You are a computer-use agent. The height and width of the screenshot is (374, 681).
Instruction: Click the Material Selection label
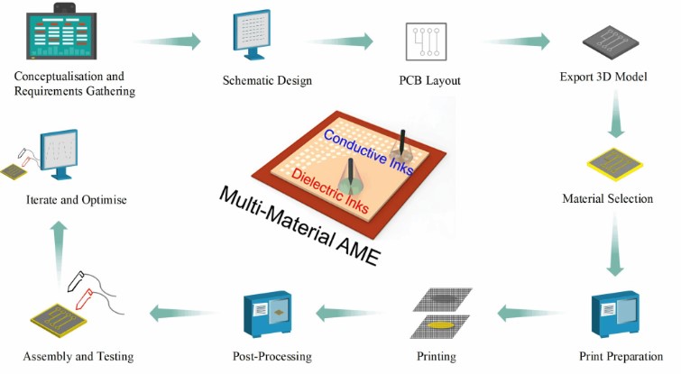pos(607,198)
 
